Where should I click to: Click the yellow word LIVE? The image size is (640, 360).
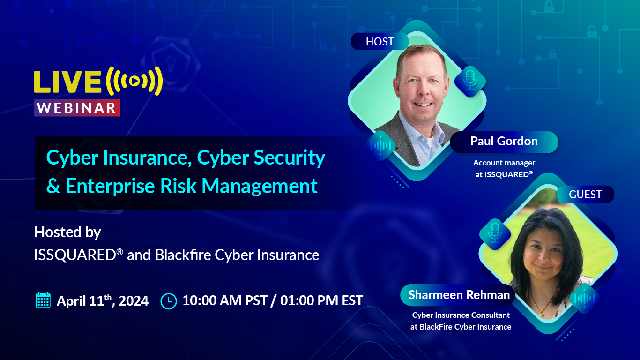coord(67,82)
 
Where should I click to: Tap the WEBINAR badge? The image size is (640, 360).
coord(77,108)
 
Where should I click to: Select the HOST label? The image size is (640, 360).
coord(380,42)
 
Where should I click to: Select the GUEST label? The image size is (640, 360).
coord(585,195)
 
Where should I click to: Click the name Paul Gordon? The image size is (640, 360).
coord(504,142)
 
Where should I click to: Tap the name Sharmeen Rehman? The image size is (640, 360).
coord(459,295)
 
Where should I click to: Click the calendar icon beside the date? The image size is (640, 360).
coord(43,300)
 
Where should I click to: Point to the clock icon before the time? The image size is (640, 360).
coord(169,300)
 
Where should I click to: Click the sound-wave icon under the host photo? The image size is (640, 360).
coord(380,146)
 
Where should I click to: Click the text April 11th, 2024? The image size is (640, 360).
coord(103,300)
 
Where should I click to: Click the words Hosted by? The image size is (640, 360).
coord(67,232)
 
